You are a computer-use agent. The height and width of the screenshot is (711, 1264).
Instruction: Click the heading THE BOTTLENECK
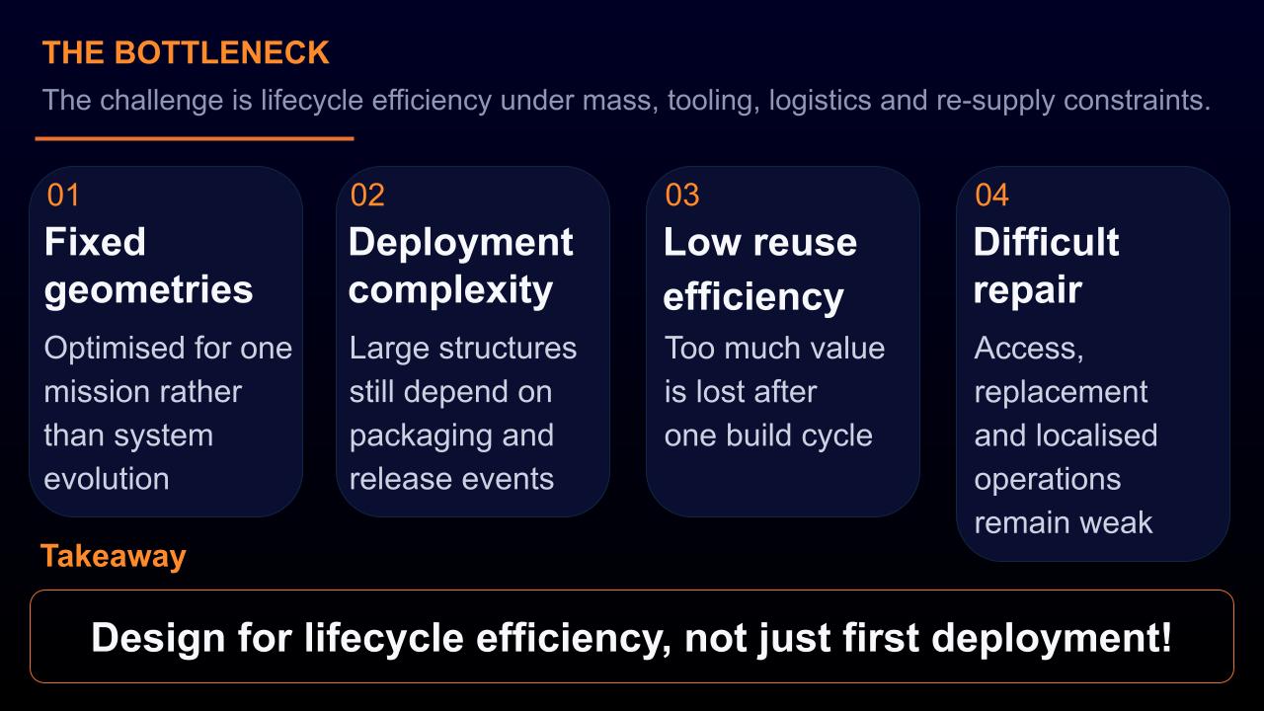point(186,52)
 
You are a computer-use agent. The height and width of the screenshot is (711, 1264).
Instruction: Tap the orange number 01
point(63,196)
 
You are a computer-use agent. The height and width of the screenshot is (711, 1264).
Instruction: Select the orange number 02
point(367,196)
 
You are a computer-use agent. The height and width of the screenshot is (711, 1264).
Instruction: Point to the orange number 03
point(682,196)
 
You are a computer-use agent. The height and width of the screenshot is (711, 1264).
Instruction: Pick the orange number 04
point(992,196)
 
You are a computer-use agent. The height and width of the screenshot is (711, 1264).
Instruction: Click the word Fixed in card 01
point(95,242)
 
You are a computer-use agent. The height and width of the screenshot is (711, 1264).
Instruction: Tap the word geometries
point(148,291)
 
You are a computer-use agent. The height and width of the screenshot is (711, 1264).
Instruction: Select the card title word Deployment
point(461,244)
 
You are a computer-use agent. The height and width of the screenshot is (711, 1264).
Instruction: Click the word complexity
point(450,291)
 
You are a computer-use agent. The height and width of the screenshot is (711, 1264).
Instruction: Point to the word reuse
point(805,243)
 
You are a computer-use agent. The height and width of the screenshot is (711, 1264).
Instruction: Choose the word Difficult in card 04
point(1046,242)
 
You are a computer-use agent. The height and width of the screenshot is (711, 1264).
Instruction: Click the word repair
point(1028,291)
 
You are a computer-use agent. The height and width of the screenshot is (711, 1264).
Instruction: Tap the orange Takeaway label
point(113,556)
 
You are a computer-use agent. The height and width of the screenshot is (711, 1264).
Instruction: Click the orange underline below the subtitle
point(195,138)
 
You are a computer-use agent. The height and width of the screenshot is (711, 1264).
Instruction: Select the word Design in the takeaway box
point(159,638)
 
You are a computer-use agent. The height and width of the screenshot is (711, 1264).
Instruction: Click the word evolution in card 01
point(107,479)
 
